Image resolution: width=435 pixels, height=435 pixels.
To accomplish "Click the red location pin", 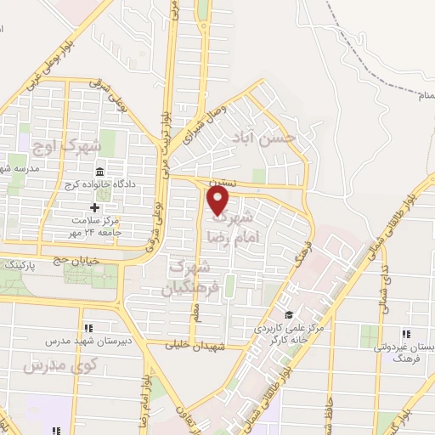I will (218, 200).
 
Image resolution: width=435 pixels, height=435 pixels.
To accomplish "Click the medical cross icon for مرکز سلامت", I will (94, 207).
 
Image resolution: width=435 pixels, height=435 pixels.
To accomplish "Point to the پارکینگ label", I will (20, 265).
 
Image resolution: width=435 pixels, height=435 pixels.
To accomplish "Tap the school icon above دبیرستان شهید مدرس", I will (88, 328).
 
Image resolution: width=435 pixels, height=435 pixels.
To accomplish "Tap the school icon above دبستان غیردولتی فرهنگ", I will (406, 334).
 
